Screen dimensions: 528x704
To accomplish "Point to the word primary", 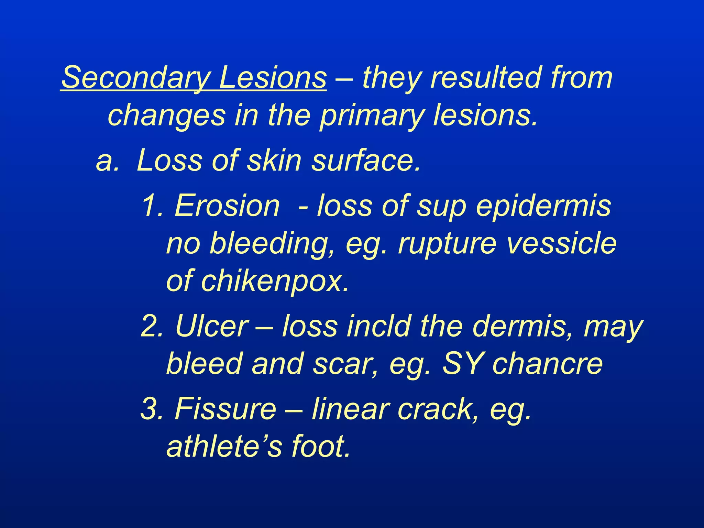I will coord(372,116).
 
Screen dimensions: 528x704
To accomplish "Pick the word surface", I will coord(366,161).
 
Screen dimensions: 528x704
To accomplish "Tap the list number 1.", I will coord(151,205).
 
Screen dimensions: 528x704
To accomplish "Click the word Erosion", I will coord(227,206).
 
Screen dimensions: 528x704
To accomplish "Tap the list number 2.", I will coord(151,326).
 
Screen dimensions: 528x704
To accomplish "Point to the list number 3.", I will coord(151,408).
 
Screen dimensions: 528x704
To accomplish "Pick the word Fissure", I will coord(225,408).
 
